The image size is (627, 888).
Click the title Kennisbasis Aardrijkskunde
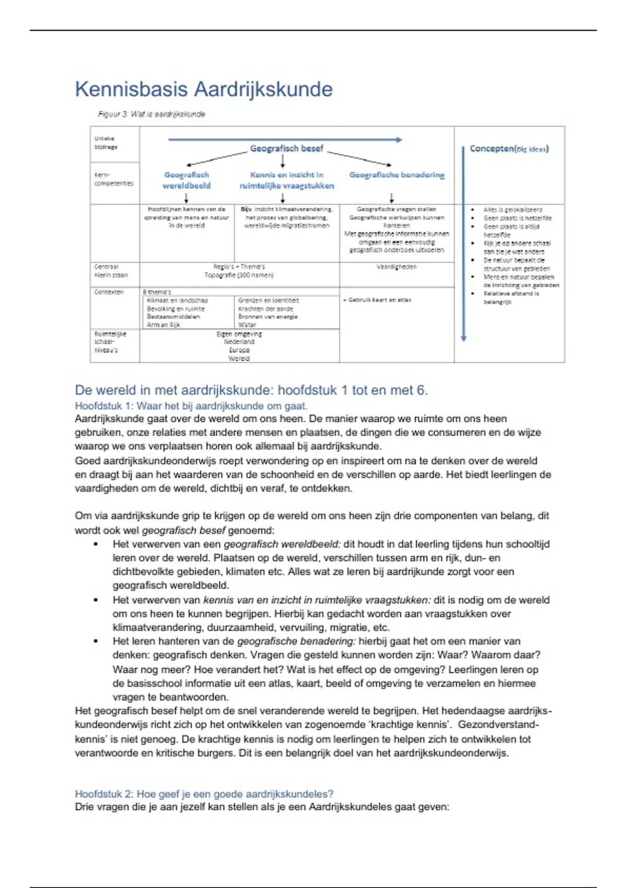coord(204,89)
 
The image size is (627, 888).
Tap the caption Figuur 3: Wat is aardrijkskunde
coord(152,114)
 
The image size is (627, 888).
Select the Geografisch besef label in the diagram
coord(287,149)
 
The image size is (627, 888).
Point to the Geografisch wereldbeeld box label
coord(187,180)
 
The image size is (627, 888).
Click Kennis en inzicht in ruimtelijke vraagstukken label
coord(286,180)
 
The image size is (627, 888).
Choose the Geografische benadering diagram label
coord(397,175)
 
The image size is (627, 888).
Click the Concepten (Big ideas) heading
coord(509,149)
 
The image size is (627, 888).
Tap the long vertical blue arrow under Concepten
coord(463,246)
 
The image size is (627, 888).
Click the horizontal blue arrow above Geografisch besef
coord(285,139)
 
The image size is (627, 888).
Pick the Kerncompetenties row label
coord(113,179)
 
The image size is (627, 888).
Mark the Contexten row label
coord(109,292)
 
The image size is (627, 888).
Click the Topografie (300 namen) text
coord(239,275)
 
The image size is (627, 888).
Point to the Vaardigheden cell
coord(397,267)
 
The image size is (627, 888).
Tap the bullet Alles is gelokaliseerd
coord(513,209)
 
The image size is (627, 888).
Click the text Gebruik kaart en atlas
coord(377,300)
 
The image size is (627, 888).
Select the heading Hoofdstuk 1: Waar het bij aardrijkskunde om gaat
coord(191,406)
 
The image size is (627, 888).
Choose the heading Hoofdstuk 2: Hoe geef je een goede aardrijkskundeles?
coord(204,794)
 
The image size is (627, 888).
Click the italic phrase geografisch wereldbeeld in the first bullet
coord(282,544)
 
